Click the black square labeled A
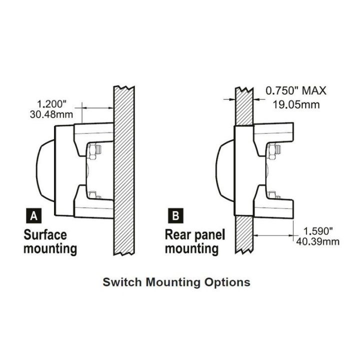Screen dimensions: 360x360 [33, 216]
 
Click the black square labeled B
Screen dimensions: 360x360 [175, 216]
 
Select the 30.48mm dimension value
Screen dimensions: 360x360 [51, 114]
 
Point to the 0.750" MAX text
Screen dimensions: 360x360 [295, 91]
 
